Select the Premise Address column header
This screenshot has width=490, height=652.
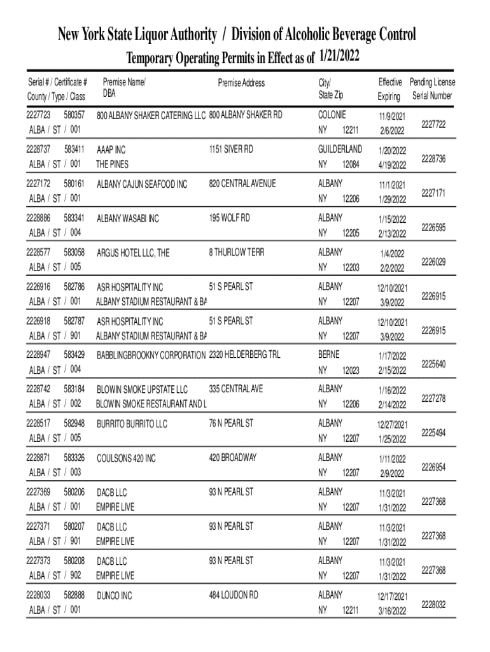[241, 83]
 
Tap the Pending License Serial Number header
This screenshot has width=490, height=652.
[432, 89]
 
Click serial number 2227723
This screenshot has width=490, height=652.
[39, 115]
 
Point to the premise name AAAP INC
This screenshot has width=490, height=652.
[111, 150]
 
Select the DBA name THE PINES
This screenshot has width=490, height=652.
[112, 164]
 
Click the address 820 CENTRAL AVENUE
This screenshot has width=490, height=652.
[242, 183]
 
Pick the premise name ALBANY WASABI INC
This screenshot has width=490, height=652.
[128, 219]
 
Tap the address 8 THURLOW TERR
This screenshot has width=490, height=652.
[236, 252]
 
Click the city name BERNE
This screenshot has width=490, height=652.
[328, 355]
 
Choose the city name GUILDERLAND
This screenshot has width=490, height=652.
[340, 149]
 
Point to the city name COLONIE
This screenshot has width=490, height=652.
[332, 115]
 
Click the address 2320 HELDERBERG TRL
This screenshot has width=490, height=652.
[244, 355]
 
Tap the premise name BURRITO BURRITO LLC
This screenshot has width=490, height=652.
[132, 423]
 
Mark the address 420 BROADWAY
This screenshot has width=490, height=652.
[232, 457]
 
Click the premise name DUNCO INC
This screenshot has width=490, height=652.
[115, 596]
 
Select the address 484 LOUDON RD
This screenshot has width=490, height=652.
[234, 595]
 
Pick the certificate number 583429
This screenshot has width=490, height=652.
[74, 354]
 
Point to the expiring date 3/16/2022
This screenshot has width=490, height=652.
[391, 611]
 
